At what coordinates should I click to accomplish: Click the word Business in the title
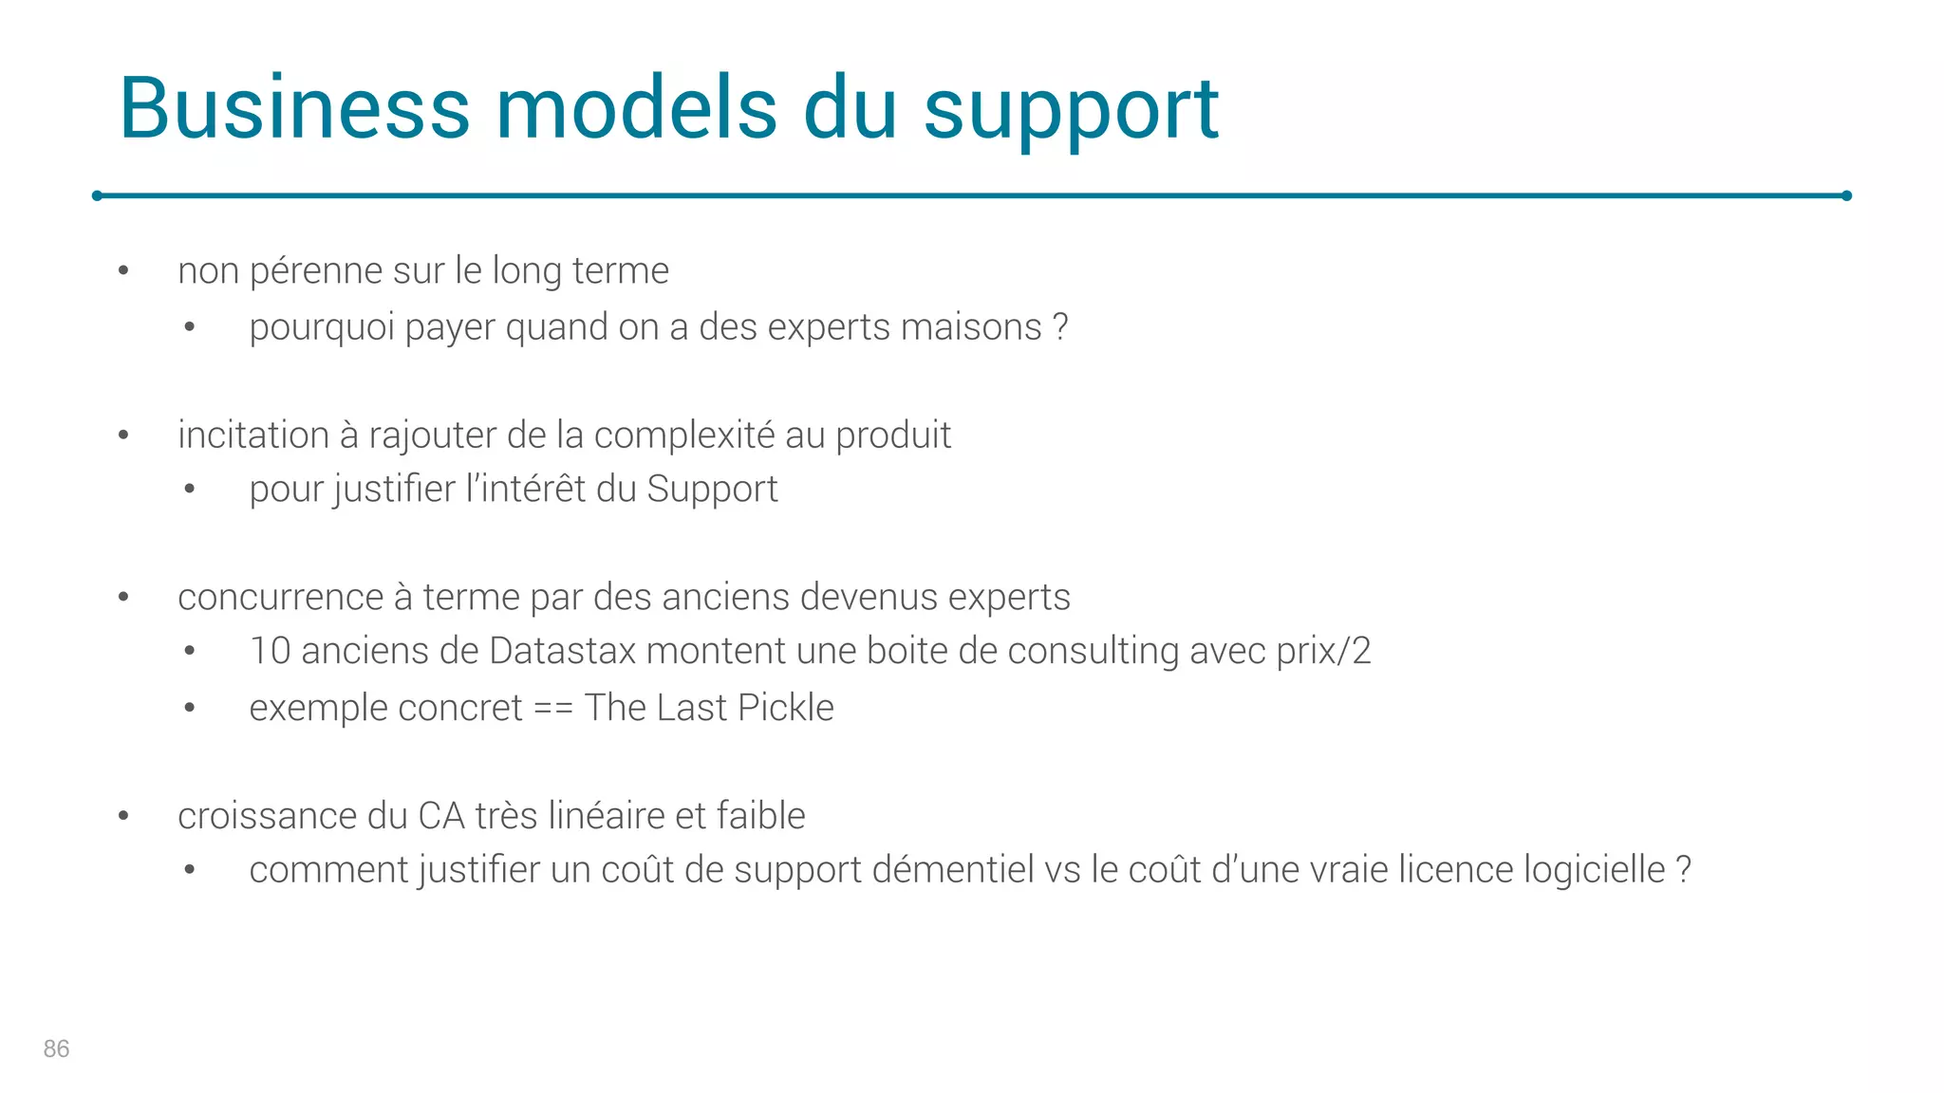294,108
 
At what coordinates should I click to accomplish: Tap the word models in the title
637,108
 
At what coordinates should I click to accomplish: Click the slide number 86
56,1048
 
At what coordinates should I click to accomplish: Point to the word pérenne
316,271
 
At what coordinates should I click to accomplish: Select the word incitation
252,435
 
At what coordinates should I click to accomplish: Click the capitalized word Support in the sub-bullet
712,490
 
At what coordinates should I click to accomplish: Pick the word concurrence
280,598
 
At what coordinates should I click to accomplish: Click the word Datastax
562,652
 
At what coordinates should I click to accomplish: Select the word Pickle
786,708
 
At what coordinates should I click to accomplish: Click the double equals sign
552,709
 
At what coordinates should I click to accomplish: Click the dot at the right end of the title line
1846,196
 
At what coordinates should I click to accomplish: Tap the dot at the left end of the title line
97,196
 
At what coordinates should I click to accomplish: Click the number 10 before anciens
270,652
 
